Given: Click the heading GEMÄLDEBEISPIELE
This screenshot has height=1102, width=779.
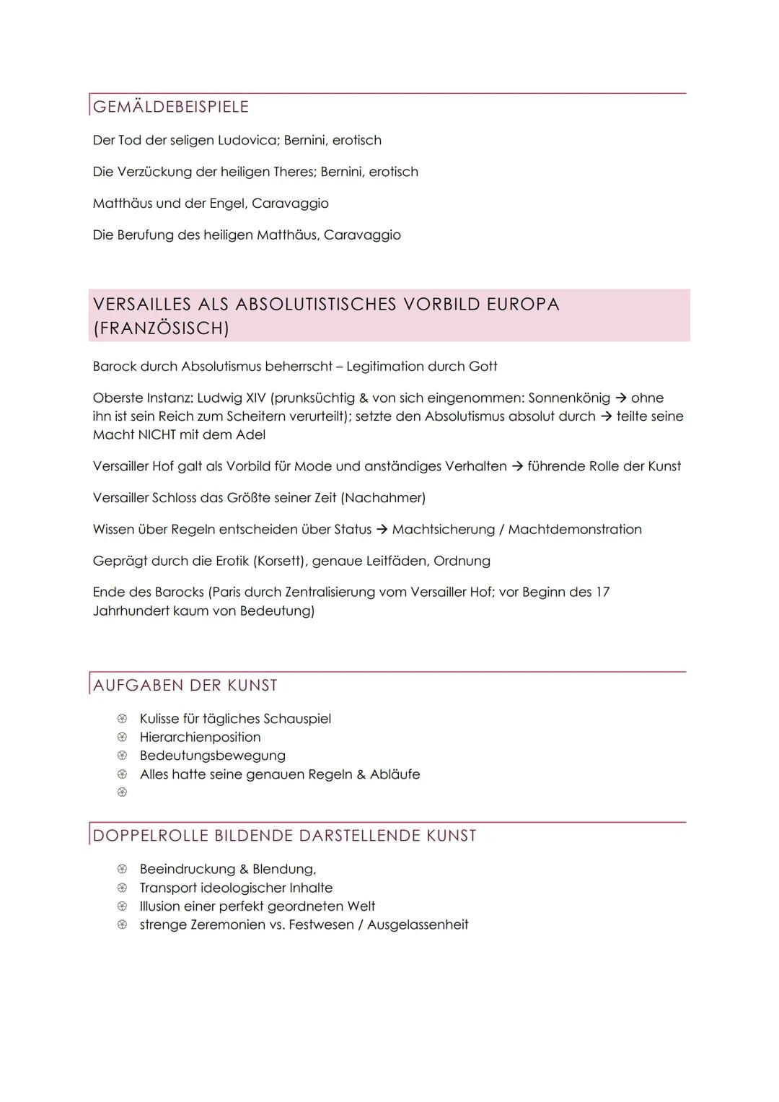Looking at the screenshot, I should point(171,107).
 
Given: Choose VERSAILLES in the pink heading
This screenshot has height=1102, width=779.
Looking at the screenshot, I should point(142,304).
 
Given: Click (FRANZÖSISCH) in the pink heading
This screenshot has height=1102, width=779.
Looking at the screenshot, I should point(161,328).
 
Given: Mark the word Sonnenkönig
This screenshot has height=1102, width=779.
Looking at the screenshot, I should point(569,398).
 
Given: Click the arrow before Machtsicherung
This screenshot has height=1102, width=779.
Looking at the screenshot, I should point(382,530).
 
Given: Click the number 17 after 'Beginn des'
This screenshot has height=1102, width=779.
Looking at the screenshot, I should point(602,592).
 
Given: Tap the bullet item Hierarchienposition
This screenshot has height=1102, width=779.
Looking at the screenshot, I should point(200,738).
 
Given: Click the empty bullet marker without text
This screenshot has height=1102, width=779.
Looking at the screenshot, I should point(122,792).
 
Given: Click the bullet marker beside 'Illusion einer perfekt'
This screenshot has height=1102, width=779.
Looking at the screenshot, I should point(122,906).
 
